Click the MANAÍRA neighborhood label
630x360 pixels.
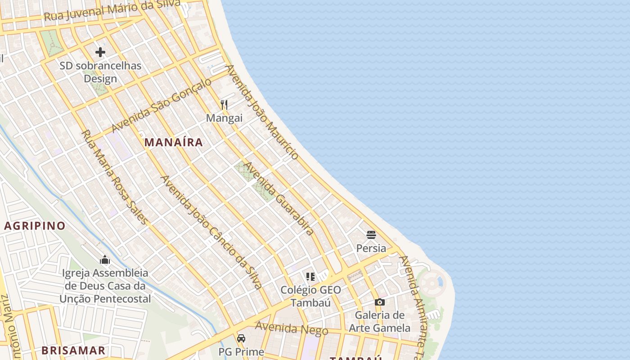(173, 142)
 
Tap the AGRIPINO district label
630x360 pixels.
(35, 225)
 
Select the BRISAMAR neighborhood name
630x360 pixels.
(73, 350)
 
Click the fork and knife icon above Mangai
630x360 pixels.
(224, 105)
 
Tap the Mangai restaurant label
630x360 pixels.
(224, 118)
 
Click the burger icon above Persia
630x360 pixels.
(371, 234)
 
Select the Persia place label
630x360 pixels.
(371, 248)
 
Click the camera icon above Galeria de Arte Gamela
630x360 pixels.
(380, 302)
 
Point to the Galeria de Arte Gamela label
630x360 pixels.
(380, 321)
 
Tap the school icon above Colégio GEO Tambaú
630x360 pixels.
(310, 276)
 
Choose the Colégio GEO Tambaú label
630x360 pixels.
(310, 296)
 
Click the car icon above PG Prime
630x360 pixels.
(241, 338)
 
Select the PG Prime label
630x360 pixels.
(241, 351)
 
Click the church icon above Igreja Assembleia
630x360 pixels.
(105, 260)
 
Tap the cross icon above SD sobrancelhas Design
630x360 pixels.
(100, 52)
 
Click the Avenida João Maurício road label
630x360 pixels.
(262, 112)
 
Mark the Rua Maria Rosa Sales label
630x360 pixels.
(114, 177)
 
